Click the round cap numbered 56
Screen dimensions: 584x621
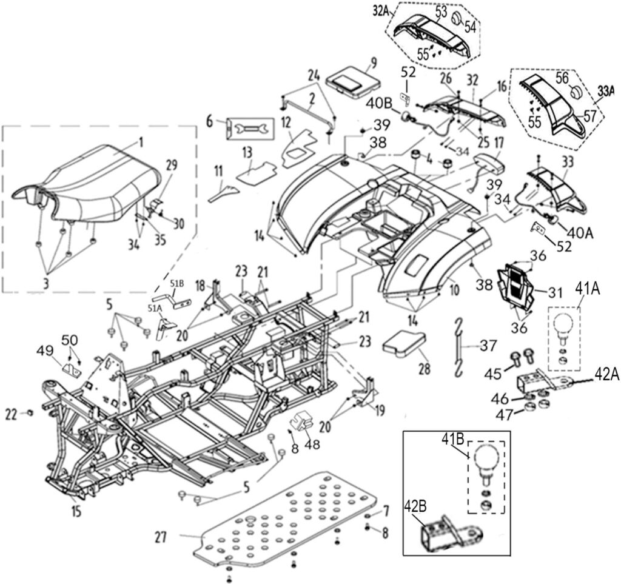(x=577, y=93)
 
